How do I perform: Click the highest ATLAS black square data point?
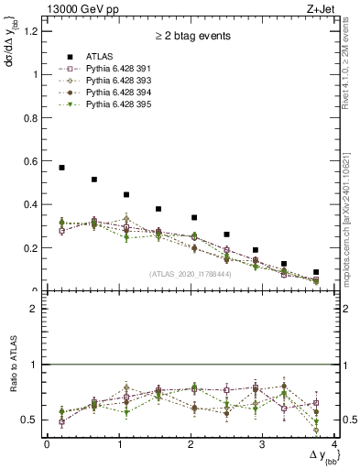click(x=61, y=168)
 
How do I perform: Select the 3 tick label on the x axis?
click(x=262, y=444)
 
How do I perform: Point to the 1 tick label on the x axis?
click(x=118, y=444)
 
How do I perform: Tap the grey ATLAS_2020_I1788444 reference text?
click(x=191, y=273)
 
